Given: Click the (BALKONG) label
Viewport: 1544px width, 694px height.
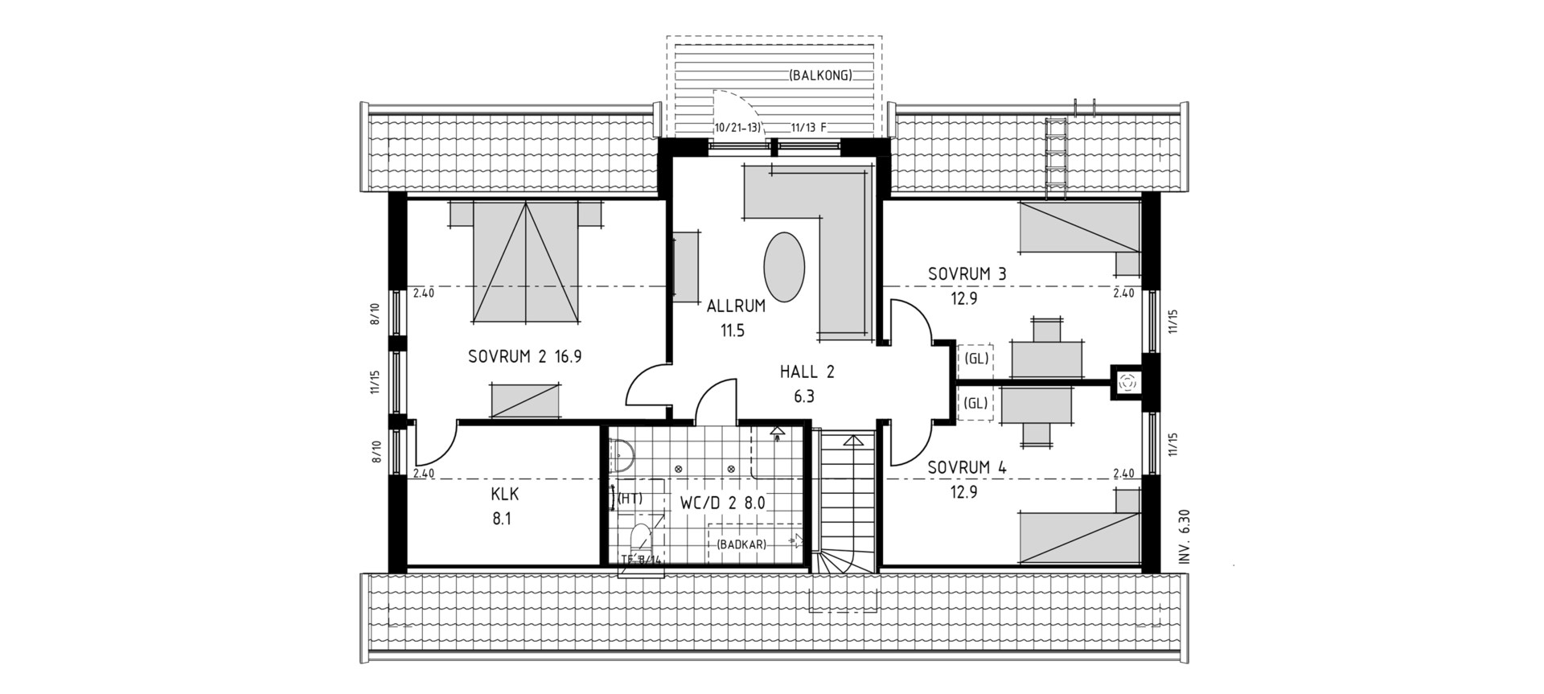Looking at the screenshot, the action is coord(820,76).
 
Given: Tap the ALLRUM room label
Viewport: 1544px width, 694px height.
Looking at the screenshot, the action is coord(736,306).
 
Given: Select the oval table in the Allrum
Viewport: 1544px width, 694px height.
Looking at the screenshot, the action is coord(783,267).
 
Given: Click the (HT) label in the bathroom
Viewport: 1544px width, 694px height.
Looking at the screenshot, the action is coord(630,499).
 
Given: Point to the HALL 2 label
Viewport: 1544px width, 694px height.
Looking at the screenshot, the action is coord(807,372).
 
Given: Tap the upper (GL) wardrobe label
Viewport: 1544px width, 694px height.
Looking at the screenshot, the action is coord(976,359).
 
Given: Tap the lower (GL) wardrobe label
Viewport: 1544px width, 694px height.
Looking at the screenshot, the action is coord(976,404).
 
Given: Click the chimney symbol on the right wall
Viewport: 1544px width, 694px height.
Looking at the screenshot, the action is coord(1127,383).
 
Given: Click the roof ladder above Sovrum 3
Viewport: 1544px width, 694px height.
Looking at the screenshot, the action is coord(1054,158).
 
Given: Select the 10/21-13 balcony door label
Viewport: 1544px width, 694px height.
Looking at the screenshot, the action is coord(737,128).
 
